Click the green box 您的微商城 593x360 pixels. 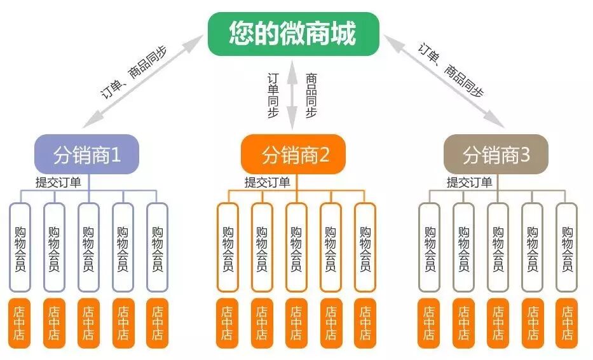tap(293, 34)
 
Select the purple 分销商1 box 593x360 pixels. tap(86, 155)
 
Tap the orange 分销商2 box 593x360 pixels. tap(293, 155)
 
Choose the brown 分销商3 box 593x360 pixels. tap(496, 155)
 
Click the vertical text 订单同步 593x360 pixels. tap(273, 95)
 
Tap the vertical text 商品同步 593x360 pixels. tap(311, 95)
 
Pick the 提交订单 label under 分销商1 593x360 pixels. tap(58, 183)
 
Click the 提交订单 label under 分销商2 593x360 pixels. tap(267, 183)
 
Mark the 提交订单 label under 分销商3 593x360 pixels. tap(469, 183)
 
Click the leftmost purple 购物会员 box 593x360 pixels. tap(20, 247)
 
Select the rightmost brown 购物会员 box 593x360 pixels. tap(566, 247)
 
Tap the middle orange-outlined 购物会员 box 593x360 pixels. tap(296, 247)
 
